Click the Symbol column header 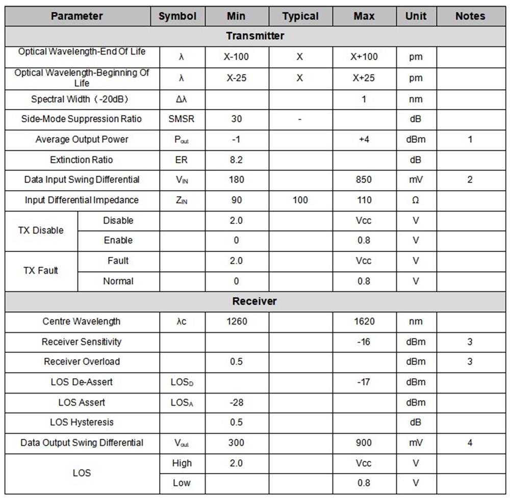[x=177, y=16]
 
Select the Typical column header [x=300, y=16]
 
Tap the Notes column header [x=470, y=16]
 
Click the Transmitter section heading [x=255, y=36]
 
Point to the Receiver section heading [x=254, y=301]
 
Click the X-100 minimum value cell [x=236, y=57]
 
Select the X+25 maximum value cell [x=364, y=78]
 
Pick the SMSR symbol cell [x=181, y=119]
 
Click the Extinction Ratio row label [x=82, y=160]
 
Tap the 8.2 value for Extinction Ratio [x=236, y=160]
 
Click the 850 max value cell [x=364, y=179]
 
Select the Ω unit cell [x=416, y=200]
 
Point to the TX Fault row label [x=41, y=271]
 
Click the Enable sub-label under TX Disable [x=118, y=240]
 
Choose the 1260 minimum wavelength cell [x=236, y=321]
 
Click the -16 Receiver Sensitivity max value [x=364, y=342]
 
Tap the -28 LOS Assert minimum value [x=236, y=402]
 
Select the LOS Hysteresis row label [x=82, y=422]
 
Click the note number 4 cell [x=470, y=442]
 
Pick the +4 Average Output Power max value [x=364, y=139]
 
